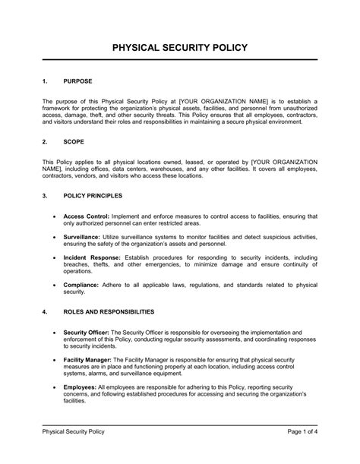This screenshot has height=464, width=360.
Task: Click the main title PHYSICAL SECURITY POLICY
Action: point(180,48)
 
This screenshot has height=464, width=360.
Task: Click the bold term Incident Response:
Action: point(96,258)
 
